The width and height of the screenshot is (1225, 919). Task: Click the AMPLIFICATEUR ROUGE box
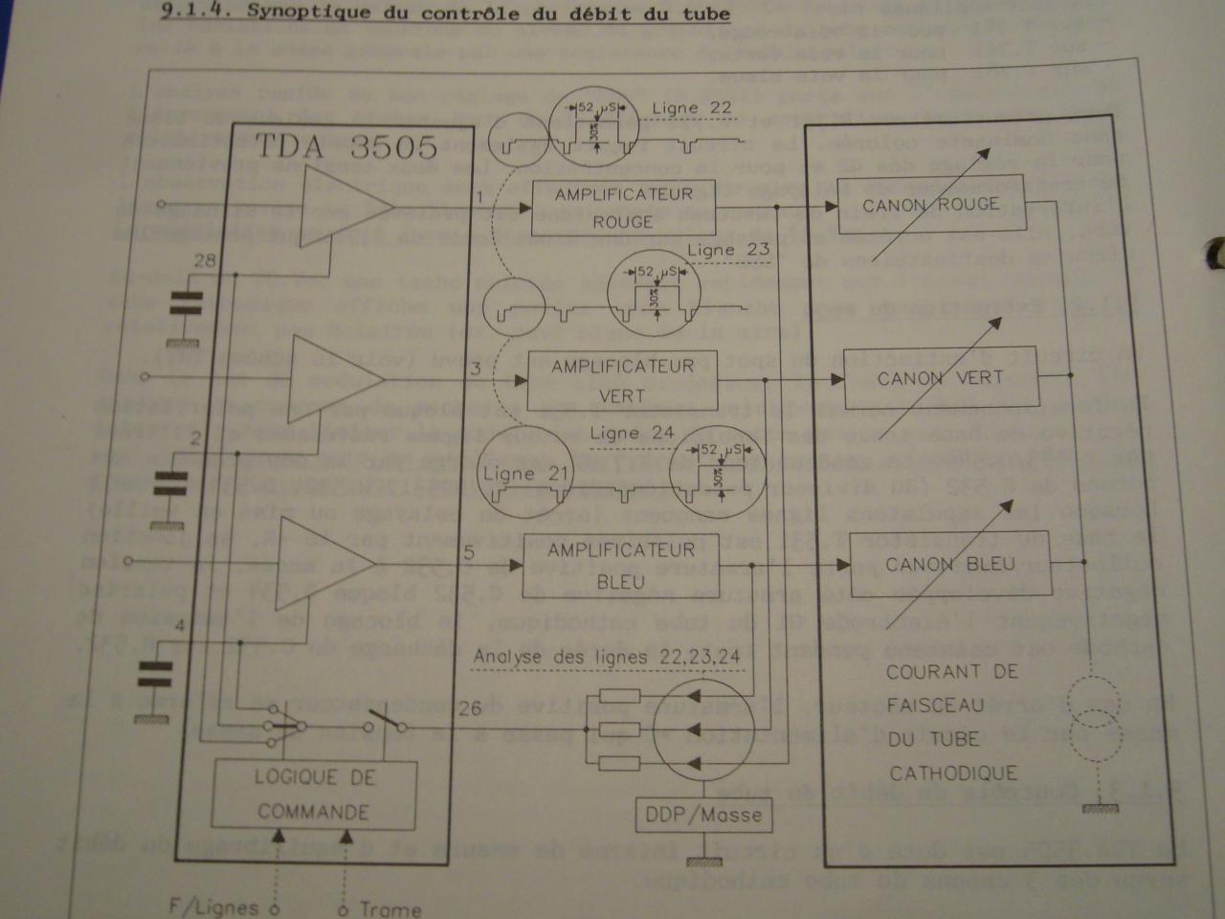tap(623, 208)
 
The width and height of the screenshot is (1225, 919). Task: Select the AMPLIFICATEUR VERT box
tap(622, 380)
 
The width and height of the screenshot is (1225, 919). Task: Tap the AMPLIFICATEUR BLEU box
tap(621, 566)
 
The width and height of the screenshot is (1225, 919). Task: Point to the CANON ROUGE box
tap(930, 205)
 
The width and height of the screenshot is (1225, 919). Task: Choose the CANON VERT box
tap(940, 378)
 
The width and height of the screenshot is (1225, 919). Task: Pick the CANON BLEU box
tap(949, 564)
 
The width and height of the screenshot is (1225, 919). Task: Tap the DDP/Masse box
tap(703, 815)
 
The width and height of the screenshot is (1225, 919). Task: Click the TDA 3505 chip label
tap(345, 146)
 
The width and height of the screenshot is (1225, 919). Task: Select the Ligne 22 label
tap(692, 108)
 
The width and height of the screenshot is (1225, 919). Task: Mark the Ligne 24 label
tap(633, 433)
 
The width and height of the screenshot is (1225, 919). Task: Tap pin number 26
tap(470, 709)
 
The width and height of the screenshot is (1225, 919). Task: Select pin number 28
tap(204, 261)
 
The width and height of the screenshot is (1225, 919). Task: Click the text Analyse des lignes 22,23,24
tap(606, 658)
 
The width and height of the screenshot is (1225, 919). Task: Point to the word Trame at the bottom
tap(390, 908)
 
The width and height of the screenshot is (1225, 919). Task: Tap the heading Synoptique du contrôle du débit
tap(446, 13)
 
